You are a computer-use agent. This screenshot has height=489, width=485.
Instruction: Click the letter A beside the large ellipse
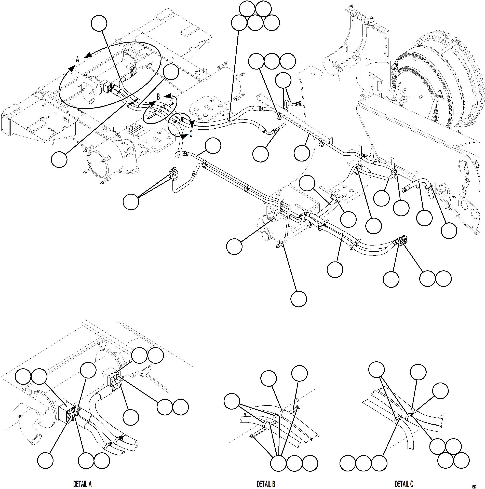click(x=78, y=59)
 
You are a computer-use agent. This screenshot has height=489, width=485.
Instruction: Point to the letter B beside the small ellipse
click(x=158, y=97)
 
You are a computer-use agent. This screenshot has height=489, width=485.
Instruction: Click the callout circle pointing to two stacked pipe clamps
click(x=131, y=202)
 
